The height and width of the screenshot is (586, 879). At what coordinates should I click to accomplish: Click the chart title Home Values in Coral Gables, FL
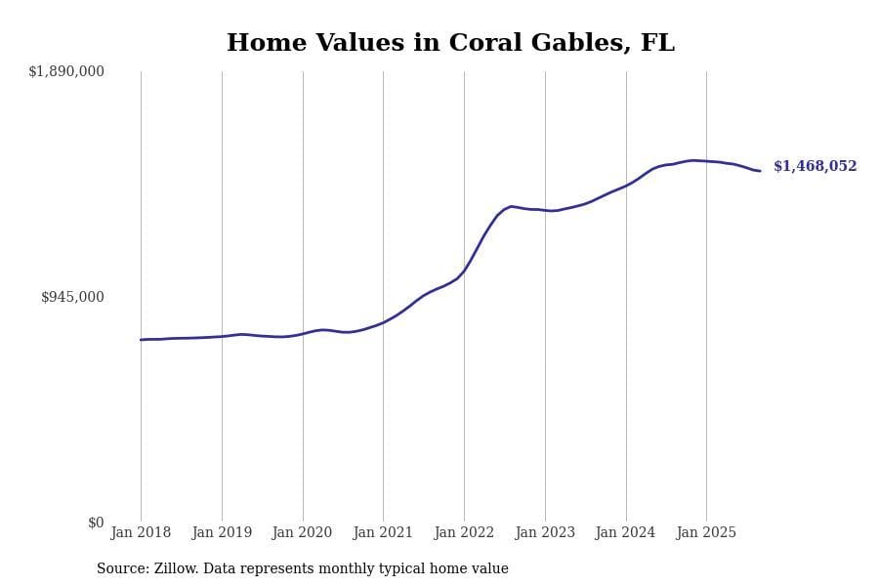point(450,43)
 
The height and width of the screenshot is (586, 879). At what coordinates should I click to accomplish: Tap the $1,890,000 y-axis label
point(66,71)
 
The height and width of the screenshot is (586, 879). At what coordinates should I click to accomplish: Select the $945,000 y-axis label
point(72,297)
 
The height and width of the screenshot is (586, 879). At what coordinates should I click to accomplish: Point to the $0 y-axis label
point(96,523)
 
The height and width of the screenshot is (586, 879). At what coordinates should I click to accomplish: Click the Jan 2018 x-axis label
point(141,533)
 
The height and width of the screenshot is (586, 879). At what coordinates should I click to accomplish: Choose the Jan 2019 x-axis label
point(222,533)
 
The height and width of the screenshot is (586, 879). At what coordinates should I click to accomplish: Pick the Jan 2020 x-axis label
point(303,533)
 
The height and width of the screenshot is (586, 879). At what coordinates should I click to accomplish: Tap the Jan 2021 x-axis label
point(383,533)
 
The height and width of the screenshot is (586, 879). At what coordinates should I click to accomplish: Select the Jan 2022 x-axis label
point(464,533)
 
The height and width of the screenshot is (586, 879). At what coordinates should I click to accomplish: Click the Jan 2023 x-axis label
point(545,533)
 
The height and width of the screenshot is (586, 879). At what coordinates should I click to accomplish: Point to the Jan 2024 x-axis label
point(626,533)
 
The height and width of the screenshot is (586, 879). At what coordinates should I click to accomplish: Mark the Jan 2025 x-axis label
point(706,533)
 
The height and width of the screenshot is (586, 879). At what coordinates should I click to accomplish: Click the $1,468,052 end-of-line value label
point(815,167)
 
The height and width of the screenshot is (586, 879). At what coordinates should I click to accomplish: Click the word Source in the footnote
point(121,569)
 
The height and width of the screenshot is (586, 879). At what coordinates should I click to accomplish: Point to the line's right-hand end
point(760,171)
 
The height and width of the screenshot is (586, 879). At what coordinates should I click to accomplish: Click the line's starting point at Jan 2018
point(141,340)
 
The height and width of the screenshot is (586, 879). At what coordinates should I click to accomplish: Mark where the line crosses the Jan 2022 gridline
point(464,270)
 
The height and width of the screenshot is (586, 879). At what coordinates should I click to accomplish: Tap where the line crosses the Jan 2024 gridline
point(626,185)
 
